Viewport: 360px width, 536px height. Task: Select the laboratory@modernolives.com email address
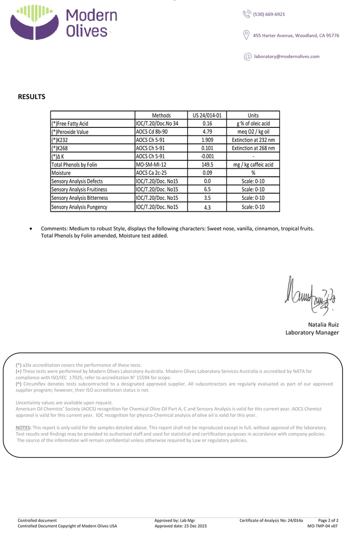coord(286,56)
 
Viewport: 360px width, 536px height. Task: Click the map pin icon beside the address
coord(246,35)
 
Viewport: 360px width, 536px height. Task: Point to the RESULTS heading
coord(31,97)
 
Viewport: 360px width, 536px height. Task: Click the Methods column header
coord(161,115)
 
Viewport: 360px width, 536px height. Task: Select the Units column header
coord(253,115)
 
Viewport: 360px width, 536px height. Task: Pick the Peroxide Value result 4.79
coord(207,131)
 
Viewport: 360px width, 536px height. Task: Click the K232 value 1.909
coord(207,140)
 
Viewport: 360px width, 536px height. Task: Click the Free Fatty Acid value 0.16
coord(207,123)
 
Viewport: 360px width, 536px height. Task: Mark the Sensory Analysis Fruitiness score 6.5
coord(207,190)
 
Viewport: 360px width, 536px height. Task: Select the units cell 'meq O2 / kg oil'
coord(253,131)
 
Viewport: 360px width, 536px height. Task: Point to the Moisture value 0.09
coord(207,173)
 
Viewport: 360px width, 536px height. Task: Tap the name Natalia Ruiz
coord(323,325)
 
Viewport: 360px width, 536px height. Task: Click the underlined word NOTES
coord(23,428)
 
